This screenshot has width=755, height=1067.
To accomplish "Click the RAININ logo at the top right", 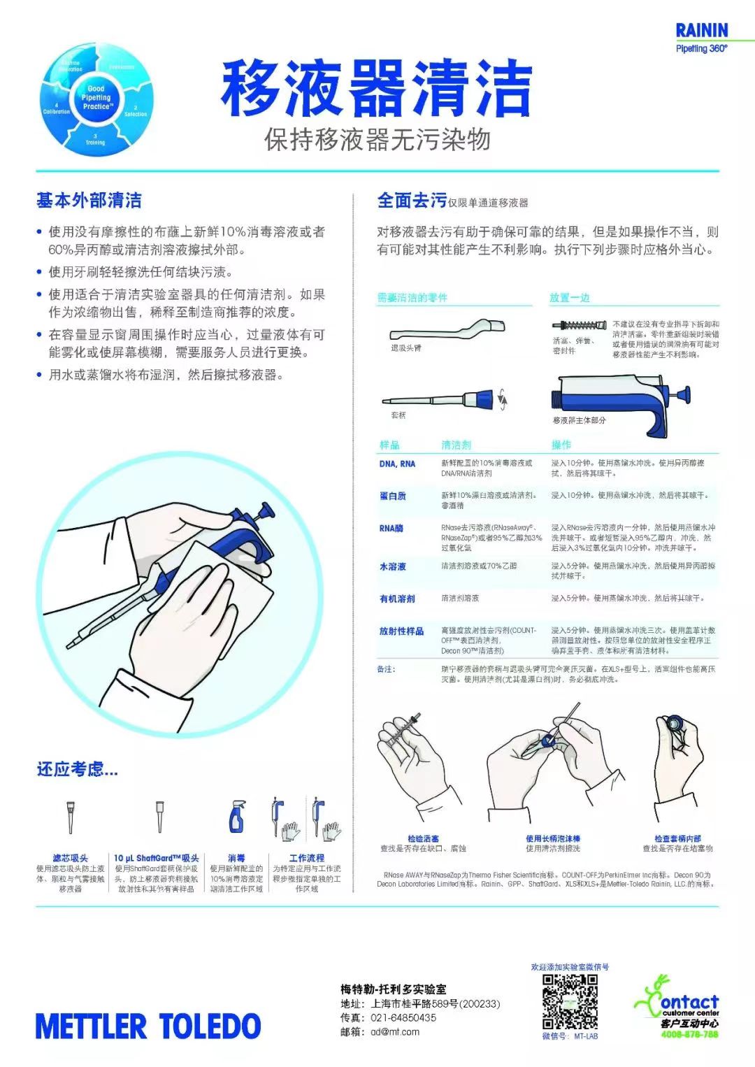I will point(701,31).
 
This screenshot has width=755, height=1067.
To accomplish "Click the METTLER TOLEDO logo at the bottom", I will point(148,1026).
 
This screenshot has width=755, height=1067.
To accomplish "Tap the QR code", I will point(570,1001).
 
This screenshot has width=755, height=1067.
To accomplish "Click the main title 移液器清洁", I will point(377,89).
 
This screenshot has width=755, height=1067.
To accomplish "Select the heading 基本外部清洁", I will point(89,201).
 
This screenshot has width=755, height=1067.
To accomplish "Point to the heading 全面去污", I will point(412,201).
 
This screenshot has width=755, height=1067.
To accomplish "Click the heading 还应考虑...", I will point(77,769).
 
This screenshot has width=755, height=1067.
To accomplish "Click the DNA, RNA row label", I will point(397,464).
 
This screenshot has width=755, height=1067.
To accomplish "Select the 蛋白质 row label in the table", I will point(393,496).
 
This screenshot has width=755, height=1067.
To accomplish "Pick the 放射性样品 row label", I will point(401,631).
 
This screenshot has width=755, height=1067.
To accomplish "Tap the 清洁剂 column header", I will point(456,445).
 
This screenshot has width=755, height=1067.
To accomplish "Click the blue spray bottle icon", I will point(236,816).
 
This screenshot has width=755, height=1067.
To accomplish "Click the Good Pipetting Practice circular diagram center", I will point(96,98).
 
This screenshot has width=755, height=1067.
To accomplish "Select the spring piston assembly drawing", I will point(579,325).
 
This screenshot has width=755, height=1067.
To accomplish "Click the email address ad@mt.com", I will point(395,1031).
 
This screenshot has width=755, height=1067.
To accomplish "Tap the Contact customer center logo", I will point(676,1007).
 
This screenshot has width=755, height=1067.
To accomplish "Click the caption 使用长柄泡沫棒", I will point(553,838).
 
